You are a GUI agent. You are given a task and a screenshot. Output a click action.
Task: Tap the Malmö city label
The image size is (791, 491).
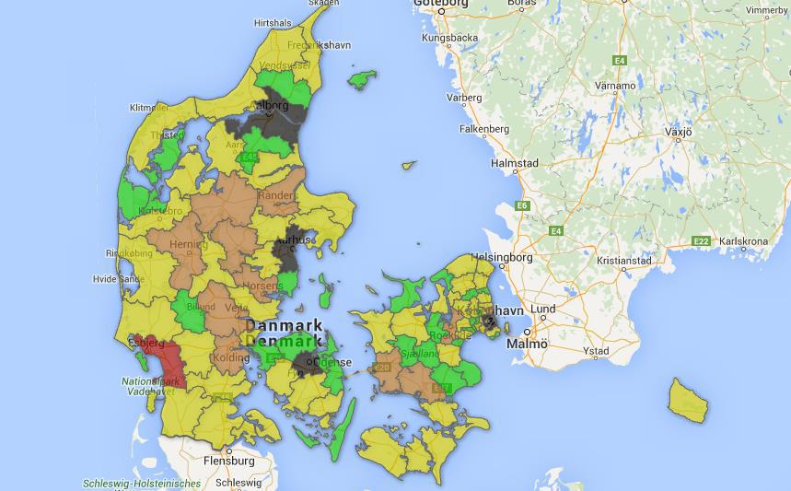[x=527, y=344]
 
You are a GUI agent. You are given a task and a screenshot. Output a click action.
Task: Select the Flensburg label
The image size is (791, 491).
[x=228, y=460]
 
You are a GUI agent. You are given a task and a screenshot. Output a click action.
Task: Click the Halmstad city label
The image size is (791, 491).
[x=515, y=163]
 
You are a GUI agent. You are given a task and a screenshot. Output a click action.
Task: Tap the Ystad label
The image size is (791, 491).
[x=596, y=351]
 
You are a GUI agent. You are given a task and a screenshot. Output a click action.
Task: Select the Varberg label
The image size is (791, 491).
[x=464, y=97]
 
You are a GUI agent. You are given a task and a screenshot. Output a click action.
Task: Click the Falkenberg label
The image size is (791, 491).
[x=484, y=129]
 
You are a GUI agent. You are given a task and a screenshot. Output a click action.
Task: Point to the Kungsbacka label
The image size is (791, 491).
[x=449, y=38]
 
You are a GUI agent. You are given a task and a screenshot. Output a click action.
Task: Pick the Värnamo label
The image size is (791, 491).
[x=615, y=86]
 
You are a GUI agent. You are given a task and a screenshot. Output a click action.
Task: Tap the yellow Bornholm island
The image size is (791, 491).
[x=687, y=397]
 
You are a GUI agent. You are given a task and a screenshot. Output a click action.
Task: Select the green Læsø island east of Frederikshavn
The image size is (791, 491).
[x=362, y=79]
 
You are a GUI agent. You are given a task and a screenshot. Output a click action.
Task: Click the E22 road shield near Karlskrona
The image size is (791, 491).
[x=702, y=241]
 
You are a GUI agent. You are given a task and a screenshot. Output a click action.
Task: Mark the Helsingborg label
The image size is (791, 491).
[x=502, y=257]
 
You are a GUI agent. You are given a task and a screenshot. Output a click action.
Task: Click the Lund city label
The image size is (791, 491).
[x=542, y=309]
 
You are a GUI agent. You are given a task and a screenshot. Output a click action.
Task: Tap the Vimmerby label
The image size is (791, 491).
[x=766, y=11]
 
